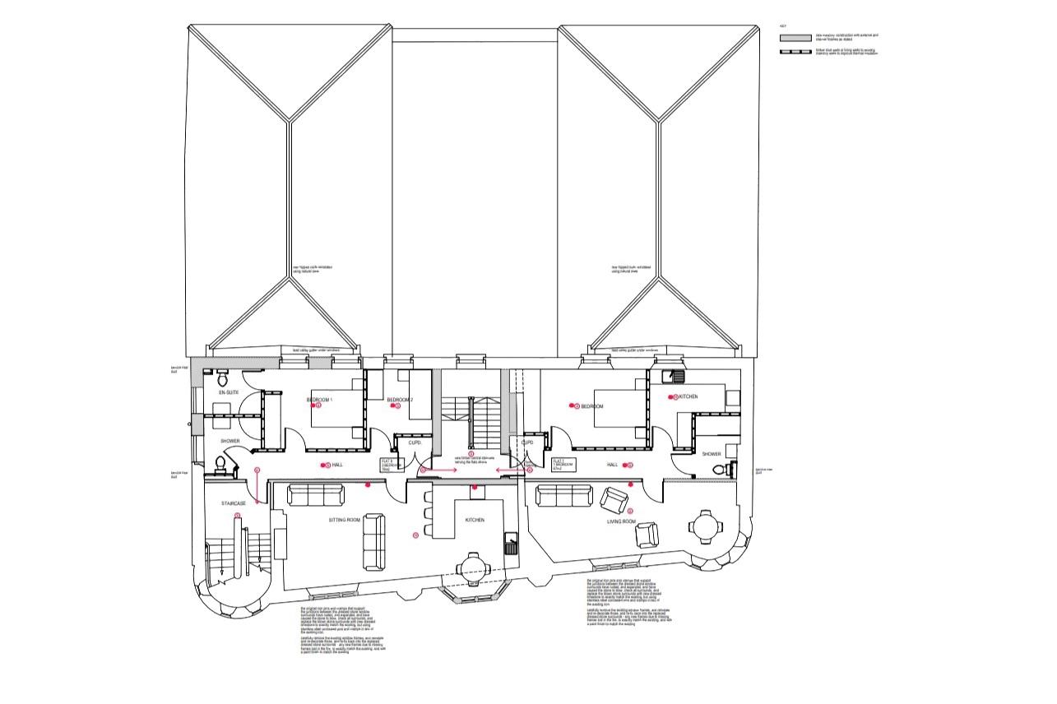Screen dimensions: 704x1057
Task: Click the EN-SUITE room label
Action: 228,393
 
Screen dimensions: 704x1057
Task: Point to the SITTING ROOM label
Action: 344,521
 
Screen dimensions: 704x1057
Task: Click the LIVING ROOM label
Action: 622,521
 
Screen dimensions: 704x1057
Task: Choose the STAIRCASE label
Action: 234,503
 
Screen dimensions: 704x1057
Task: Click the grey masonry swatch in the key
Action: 795,37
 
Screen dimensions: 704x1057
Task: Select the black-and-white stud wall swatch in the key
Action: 795,52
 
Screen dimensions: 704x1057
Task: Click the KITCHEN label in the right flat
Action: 688,397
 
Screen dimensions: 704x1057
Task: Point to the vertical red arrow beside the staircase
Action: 257,487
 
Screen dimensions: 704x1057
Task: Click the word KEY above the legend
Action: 783,26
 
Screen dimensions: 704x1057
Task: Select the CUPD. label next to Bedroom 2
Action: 415,443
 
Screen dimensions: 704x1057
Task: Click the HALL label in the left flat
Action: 337,465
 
